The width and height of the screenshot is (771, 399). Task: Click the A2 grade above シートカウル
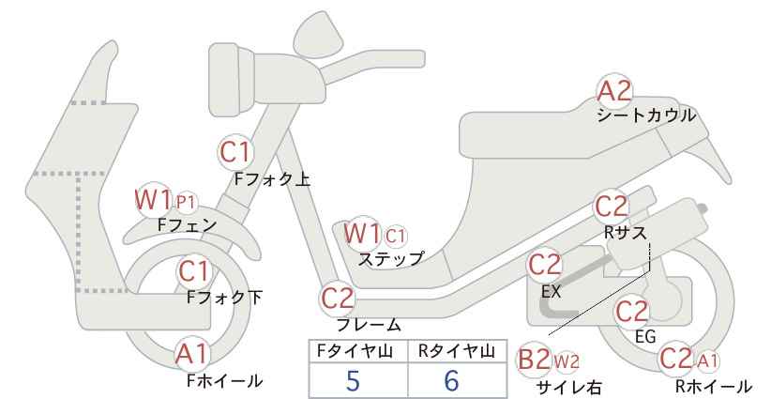pyautogui.click(x=614, y=91)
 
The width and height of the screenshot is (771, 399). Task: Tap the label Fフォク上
pyautogui.click(x=272, y=179)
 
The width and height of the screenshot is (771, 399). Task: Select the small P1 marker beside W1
pyautogui.click(x=186, y=202)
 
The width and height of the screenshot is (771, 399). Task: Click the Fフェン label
pyautogui.click(x=188, y=224)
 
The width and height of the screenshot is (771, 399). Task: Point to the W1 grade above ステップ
pyautogui.click(x=362, y=233)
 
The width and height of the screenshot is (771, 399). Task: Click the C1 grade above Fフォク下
pyautogui.click(x=194, y=271)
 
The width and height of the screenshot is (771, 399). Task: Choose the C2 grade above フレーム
pyautogui.click(x=338, y=299)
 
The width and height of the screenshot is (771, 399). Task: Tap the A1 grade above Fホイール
pyautogui.click(x=192, y=354)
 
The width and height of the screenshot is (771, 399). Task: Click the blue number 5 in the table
pyautogui.click(x=353, y=380)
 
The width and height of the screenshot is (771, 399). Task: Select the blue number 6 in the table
pyautogui.click(x=451, y=380)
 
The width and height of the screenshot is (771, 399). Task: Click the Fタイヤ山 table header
pyautogui.click(x=354, y=351)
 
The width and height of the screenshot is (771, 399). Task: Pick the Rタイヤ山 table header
pyautogui.click(x=457, y=351)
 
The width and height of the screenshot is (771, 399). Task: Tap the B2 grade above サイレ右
pyautogui.click(x=534, y=361)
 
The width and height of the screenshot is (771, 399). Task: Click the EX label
pyautogui.click(x=551, y=292)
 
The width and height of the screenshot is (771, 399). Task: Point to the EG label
pyautogui.click(x=645, y=336)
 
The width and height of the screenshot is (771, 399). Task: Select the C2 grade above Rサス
pyautogui.click(x=612, y=207)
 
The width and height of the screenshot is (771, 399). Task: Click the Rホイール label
pyautogui.click(x=714, y=386)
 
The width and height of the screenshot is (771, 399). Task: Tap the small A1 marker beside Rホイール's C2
pyautogui.click(x=708, y=361)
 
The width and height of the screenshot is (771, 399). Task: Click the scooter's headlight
pyautogui.click(x=232, y=80)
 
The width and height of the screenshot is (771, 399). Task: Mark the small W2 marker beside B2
pyautogui.click(x=567, y=362)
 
